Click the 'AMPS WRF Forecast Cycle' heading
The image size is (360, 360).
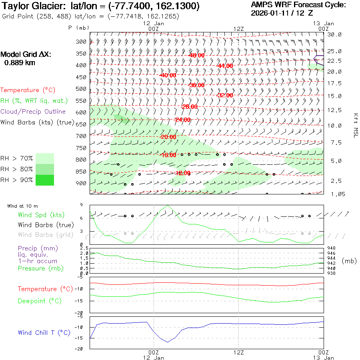coord(298,5)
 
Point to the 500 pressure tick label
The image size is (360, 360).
coord(81,89)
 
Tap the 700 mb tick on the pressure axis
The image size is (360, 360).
coord(81,136)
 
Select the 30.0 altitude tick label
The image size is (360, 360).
coord(334,34)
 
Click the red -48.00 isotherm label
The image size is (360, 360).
coord(197,55)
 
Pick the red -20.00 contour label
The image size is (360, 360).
coord(168,137)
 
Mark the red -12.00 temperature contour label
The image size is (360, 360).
coord(182,173)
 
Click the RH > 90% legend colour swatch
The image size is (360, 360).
coord(45,180)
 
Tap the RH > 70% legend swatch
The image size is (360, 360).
coord(45,158)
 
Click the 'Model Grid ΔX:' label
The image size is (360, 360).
coord(26,54)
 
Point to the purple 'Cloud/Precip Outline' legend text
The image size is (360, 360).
coord(33,111)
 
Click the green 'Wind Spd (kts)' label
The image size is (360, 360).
coord(41,215)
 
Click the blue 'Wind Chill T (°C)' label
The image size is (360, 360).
coord(44,332)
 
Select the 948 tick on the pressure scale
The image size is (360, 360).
coord(331,248)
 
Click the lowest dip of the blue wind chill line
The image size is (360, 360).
coord(168,342)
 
